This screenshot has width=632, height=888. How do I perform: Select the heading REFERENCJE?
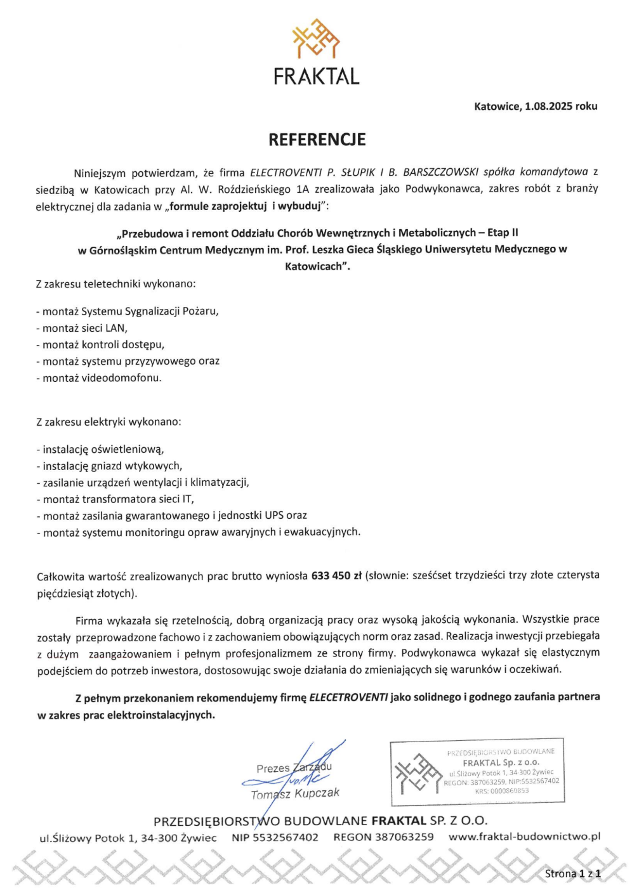tap(317, 140)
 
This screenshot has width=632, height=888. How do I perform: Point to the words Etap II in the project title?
tap(503, 233)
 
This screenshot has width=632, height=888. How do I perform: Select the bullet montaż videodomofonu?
tap(99, 378)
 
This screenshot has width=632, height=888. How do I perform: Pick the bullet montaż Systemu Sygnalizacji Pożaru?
tap(128, 311)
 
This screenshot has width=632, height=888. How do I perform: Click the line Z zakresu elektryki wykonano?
tap(109, 422)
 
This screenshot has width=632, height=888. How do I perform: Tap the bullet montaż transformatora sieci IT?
tap(115, 499)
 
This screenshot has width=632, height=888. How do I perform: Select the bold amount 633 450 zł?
tap(336, 576)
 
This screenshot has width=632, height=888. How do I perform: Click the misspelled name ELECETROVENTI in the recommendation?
tap(348, 698)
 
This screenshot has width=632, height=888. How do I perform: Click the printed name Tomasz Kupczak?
tap(295, 794)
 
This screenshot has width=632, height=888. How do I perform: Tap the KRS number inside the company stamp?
tap(501, 791)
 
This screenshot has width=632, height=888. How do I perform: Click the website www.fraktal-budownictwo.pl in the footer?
tap(524, 837)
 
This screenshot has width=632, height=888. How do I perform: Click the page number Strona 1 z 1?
tap(572, 873)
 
